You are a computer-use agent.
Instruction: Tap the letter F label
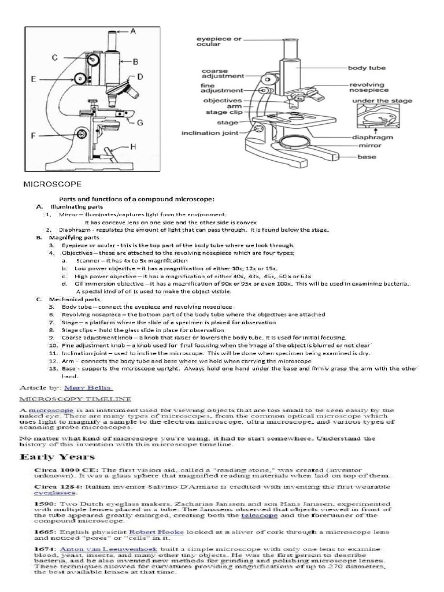pyautogui.click(x=34, y=136)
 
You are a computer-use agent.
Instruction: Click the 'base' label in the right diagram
pyautogui.click(x=367, y=157)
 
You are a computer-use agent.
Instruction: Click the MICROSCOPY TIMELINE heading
pyautogui.click(x=75, y=399)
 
